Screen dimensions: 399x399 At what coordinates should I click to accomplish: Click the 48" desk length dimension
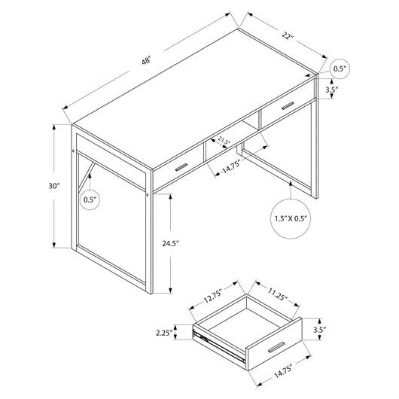(146, 61)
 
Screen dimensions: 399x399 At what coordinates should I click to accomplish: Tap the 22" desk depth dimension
(288, 35)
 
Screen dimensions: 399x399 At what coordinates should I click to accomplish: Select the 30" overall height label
(53, 186)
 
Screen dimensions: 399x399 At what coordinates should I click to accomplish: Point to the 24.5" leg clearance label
(171, 243)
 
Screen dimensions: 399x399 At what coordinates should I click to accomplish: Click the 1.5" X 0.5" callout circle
(291, 218)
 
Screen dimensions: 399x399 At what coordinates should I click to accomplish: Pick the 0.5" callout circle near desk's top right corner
(340, 69)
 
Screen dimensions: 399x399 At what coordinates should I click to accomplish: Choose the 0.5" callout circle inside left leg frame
(90, 200)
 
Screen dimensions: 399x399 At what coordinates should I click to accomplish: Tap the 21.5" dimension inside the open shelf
(224, 142)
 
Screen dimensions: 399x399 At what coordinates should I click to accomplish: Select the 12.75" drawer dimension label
(213, 295)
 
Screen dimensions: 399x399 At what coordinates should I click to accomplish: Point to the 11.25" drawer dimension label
(277, 294)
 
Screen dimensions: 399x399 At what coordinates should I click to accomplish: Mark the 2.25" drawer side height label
(164, 333)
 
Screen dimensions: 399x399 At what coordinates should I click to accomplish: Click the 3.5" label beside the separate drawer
(320, 330)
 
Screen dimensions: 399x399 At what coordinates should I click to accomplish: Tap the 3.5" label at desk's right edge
(332, 90)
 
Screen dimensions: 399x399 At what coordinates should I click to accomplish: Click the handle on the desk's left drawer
(181, 167)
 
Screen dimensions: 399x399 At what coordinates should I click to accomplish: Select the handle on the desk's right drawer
(288, 106)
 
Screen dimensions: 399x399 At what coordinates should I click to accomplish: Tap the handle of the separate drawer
(276, 347)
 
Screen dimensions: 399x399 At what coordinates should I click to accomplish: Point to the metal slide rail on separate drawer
(219, 346)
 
